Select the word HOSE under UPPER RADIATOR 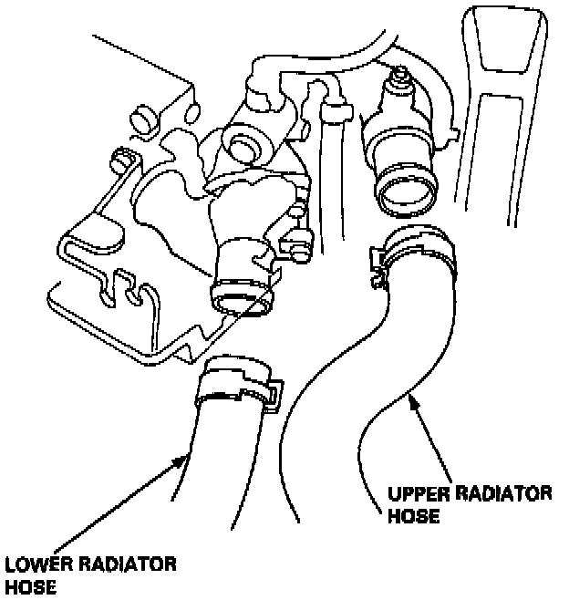pyautogui.click(x=415, y=516)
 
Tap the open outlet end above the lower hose pyautogui.click(x=242, y=300)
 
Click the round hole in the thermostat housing pyautogui.click(x=243, y=143)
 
